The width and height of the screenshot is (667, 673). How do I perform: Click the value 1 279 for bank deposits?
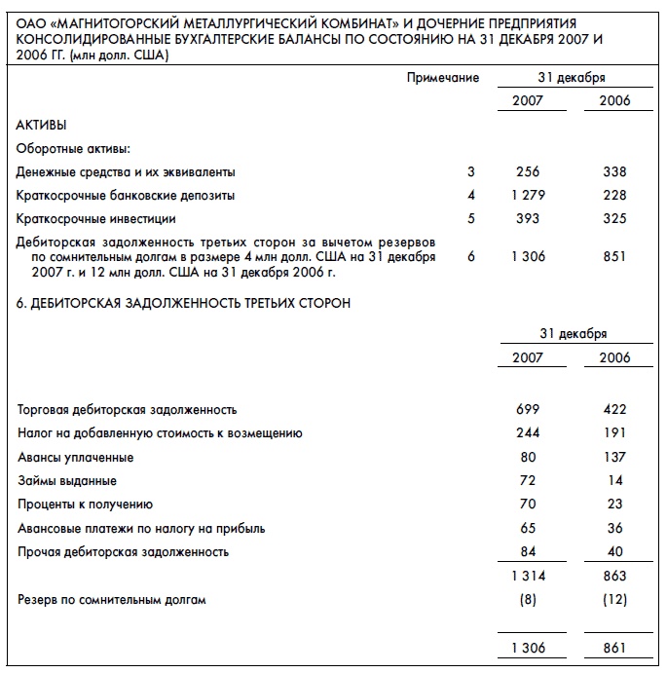coord(527,196)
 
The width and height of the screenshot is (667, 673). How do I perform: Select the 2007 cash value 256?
coord(527,172)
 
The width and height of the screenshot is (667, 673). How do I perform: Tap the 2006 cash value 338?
coord(614,172)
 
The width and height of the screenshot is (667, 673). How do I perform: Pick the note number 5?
coord(471,219)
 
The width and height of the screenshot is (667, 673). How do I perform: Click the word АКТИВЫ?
coord(42,126)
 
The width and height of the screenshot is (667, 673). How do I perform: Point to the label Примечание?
coord(442,78)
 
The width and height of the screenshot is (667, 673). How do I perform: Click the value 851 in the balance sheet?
coord(614,257)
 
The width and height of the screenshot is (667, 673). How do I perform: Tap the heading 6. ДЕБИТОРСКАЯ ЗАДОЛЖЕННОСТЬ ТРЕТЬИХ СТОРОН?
coord(184,303)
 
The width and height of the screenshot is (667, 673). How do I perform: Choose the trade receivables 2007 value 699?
coord(527,410)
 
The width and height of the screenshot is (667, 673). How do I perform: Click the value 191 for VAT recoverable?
coord(614,433)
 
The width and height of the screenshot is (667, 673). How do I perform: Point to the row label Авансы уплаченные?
coord(76,458)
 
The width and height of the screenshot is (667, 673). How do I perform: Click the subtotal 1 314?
coord(527,577)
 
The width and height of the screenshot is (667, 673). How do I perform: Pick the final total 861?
coord(614,648)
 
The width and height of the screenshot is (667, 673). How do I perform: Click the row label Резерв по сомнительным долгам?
coord(112,600)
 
